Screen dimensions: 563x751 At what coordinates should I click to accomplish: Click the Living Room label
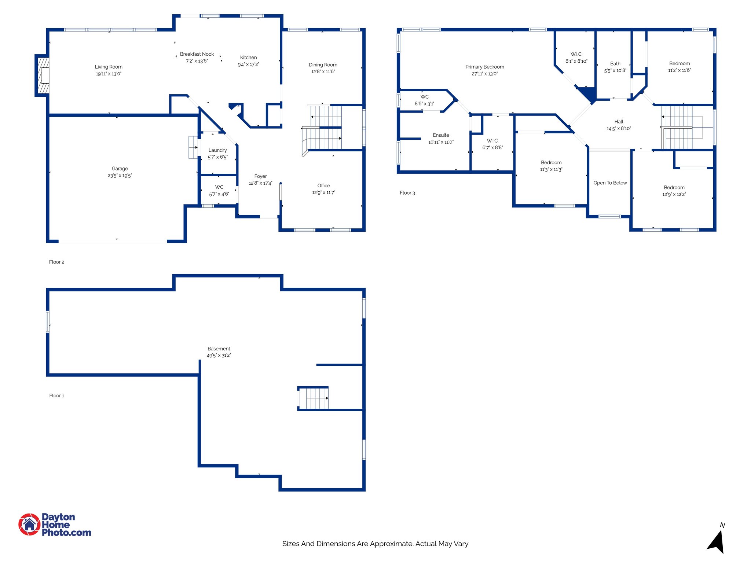click(x=109, y=67)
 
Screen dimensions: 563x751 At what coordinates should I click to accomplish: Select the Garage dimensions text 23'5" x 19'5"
click(x=120, y=176)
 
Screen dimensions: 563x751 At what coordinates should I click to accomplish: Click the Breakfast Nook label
click(x=197, y=54)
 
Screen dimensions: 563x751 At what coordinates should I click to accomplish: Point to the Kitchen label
click(x=248, y=58)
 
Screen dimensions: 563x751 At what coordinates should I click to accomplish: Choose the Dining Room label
click(x=323, y=65)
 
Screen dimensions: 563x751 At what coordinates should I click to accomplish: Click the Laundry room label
click(x=217, y=150)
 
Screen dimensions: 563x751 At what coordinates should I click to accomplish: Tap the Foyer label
click(x=260, y=176)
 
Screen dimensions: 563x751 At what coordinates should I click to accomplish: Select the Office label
click(x=323, y=185)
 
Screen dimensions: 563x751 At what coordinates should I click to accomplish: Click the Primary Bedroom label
click(x=484, y=67)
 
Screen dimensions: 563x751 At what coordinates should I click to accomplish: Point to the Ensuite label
click(x=441, y=135)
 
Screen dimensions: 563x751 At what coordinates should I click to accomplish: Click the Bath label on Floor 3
click(x=615, y=64)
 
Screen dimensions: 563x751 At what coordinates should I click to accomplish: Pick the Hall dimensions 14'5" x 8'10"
click(x=619, y=129)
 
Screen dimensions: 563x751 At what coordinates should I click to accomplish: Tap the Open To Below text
click(x=610, y=183)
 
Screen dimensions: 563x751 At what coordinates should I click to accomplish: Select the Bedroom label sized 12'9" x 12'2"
click(x=674, y=188)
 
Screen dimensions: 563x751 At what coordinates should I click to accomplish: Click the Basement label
click(x=219, y=349)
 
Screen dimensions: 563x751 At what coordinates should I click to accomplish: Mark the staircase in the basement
click(x=314, y=398)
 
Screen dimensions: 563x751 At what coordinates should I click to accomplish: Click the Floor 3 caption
click(x=407, y=193)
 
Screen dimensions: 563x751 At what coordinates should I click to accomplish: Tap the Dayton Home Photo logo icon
click(x=29, y=524)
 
